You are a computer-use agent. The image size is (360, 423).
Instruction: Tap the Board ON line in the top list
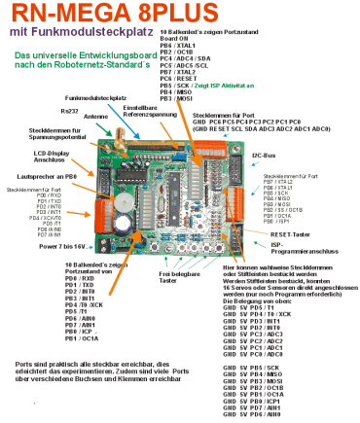[175, 38]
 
